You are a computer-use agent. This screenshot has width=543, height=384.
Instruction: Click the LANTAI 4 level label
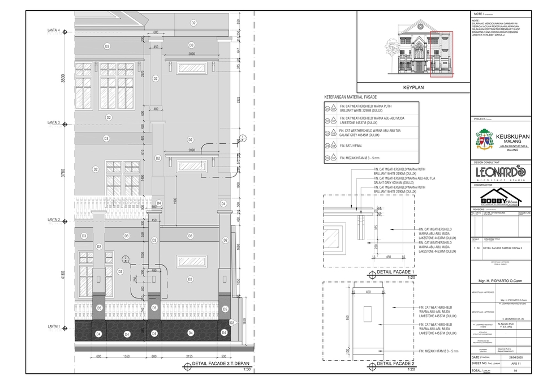[x=54, y=30]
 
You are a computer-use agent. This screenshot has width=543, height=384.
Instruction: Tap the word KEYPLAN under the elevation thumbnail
[x=413, y=88]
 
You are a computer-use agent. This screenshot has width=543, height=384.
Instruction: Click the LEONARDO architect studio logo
[x=501, y=172]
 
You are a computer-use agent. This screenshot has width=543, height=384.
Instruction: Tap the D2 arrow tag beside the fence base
[x=232, y=322]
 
